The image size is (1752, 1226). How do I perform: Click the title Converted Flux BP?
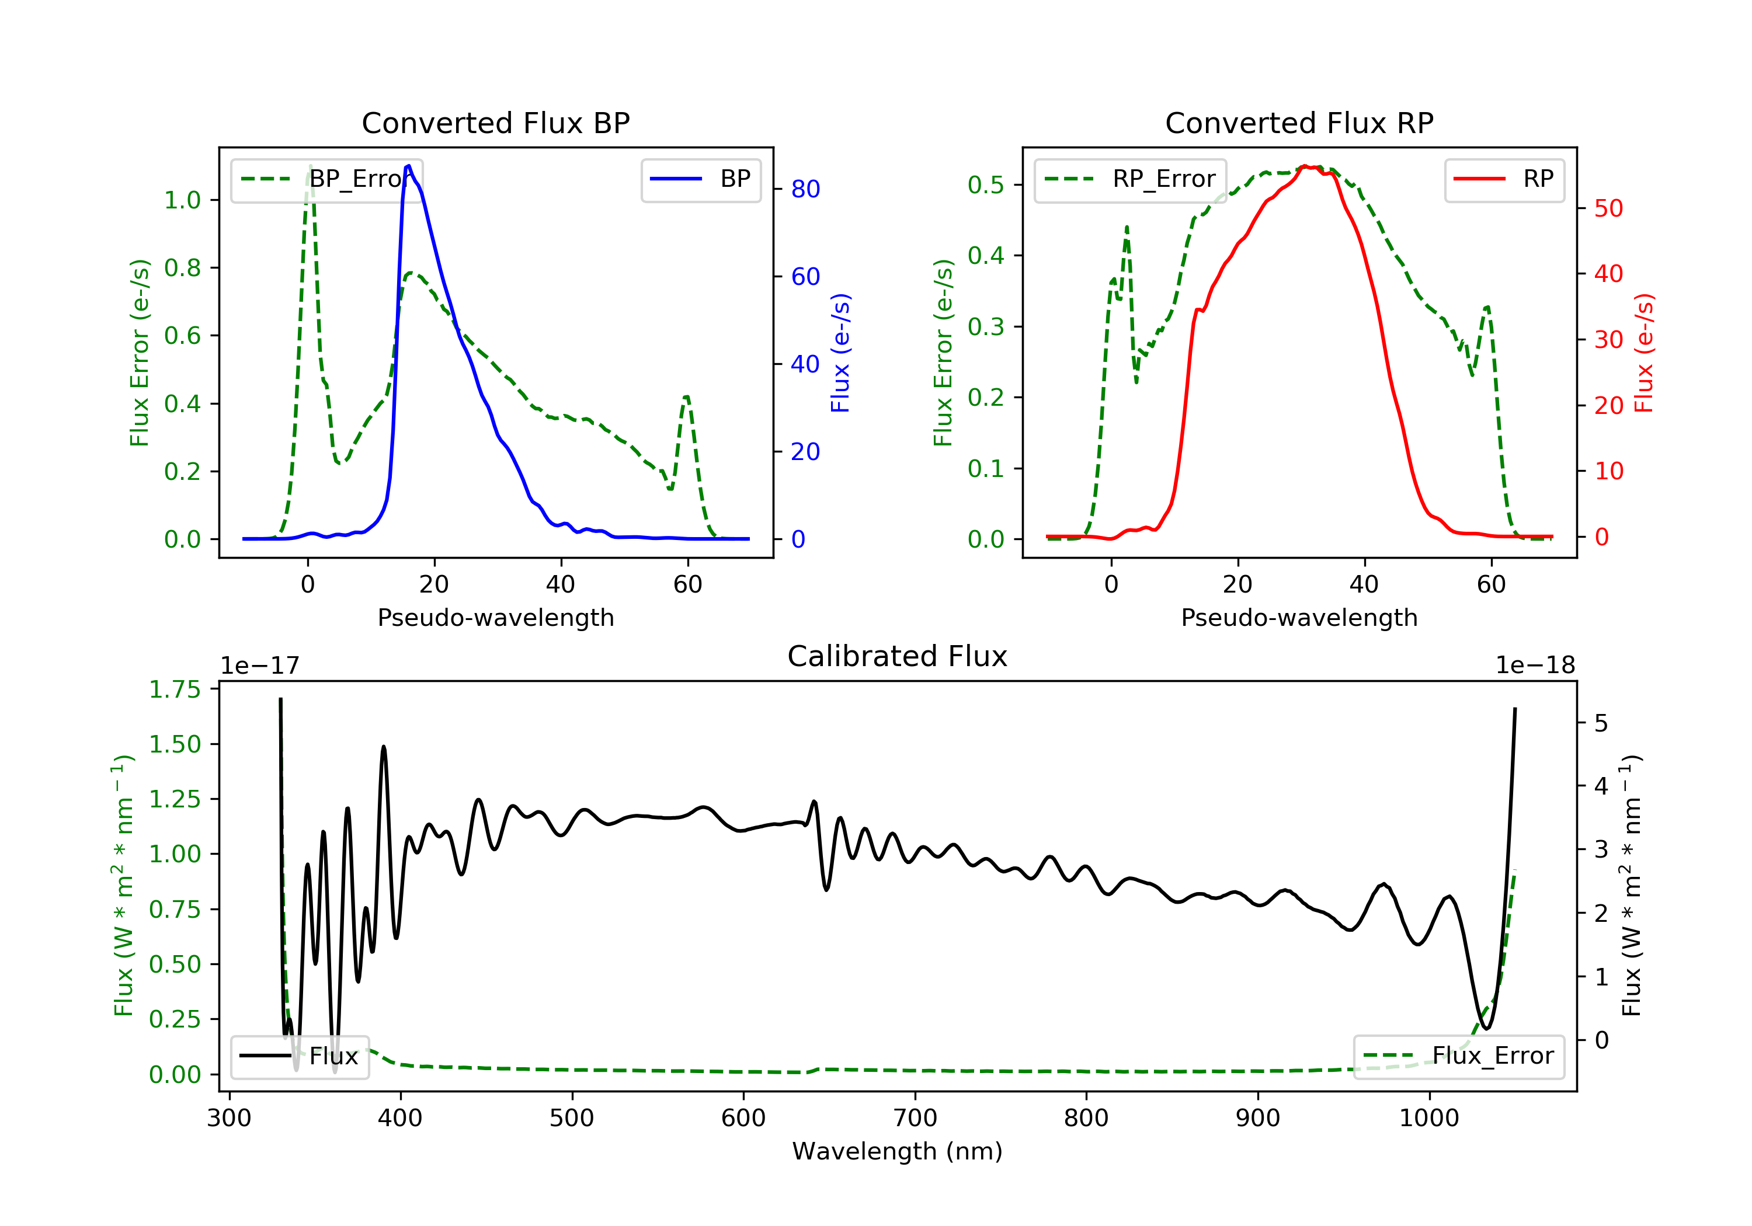point(495,123)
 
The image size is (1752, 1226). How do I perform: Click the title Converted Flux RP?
point(1299,123)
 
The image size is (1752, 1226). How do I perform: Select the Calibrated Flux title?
point(898,656)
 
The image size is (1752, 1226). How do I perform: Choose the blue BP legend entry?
point(700,179)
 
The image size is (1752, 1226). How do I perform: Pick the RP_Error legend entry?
point(1130,179)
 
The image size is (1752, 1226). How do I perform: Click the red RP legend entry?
point(1504,179)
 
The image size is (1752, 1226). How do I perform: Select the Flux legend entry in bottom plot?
point(299,1056)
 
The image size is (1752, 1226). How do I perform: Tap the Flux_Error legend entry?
point(1458,1056)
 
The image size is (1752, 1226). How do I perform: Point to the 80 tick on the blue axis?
point(805,189)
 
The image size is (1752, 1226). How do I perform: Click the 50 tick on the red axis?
point(1608,208)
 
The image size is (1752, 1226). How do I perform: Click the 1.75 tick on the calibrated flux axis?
point(175,689)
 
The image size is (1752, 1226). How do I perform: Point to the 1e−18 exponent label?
point(1535,666)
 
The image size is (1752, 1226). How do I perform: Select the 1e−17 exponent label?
point(259,666)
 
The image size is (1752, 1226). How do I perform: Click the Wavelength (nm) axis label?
point(898,1151)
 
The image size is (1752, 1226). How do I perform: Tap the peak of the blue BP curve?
point(409,166)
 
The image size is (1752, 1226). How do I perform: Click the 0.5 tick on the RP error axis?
point(985,184)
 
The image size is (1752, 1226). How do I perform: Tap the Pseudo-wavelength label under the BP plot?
point(495,617)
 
